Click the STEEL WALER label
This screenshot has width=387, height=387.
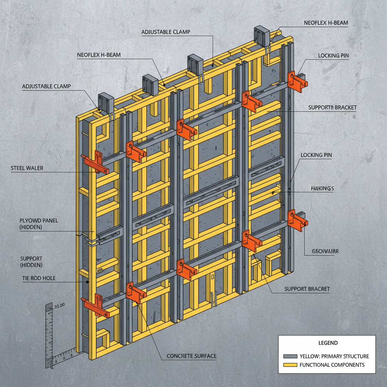27,168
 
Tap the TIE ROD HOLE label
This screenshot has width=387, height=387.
39,278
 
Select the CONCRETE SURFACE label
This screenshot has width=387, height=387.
192,356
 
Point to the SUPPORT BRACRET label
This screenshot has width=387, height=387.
307,289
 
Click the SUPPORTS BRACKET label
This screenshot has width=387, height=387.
332,108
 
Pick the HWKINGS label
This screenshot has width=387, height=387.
322,188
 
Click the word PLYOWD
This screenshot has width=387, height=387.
29,221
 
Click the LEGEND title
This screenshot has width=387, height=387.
328,343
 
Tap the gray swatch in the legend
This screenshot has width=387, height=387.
289,356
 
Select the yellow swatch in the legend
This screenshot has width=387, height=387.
289,365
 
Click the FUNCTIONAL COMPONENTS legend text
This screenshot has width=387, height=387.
332,365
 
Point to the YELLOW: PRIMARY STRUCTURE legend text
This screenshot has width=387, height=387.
334,356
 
